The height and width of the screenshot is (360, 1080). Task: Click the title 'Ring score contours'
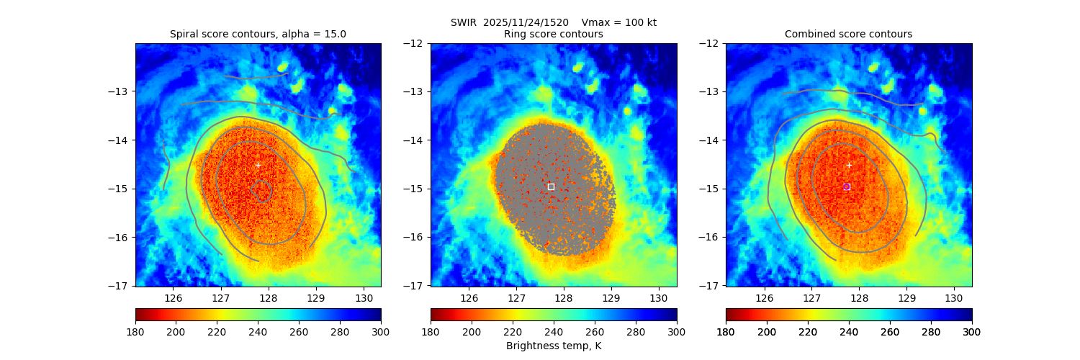tap(553, 34)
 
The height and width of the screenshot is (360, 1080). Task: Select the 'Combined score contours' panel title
tap(848, 34)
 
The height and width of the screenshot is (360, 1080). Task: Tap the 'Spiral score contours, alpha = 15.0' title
tap(258, 34)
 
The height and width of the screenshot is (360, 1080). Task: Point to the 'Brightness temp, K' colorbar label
tap(553, 346)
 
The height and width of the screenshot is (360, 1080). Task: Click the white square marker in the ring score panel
tap(551, 186)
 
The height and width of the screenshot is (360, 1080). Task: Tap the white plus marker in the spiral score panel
tap(258, 165)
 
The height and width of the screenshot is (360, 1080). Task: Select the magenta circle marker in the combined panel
tap(847, 186)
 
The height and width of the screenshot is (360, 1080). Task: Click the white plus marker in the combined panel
tap(849, 165)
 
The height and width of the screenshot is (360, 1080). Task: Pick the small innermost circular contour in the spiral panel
tap(261, 191)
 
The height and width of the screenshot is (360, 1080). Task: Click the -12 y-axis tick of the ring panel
tap(415, 43)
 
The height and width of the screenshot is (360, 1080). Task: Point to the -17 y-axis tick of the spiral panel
tap(120, 286)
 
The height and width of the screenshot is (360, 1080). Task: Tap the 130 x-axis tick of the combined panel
tap(953, 297)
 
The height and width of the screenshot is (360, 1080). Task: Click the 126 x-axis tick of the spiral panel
tap(174, 297)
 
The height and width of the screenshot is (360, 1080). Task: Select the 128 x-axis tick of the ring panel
tap(563, 297)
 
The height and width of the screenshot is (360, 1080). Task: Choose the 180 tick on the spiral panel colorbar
tap(135, 332)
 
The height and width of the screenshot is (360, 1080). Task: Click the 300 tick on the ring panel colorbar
tap(677, 332)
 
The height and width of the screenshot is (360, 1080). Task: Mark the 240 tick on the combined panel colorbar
tap(849, 332)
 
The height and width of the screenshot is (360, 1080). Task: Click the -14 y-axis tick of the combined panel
tap(711, 140)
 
